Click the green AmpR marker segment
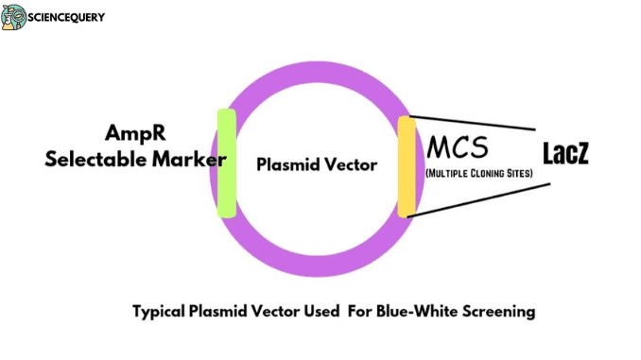(226, 163)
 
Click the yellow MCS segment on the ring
(407, 166)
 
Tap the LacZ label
(565, 153)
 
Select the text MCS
(459, 147)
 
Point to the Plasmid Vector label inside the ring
(317, 164)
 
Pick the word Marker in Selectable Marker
(193, 159)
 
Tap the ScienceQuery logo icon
(13, 16)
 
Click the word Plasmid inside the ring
(287, 164)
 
